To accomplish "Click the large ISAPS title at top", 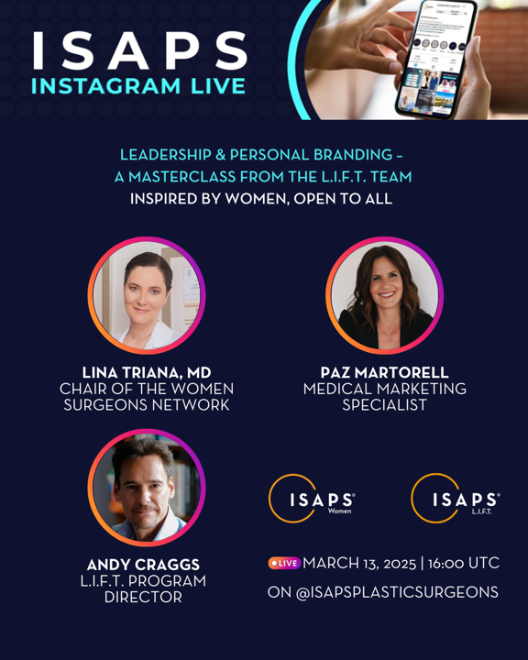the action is coord(139,50).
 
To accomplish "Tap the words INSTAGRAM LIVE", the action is coord(138,86).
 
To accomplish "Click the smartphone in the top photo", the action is coord(436,59).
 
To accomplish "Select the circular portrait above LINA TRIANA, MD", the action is coord(147,295).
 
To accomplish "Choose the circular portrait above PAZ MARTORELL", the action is coord(384,295).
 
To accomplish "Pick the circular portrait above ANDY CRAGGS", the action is coord(147,488).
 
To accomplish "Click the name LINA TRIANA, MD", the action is coord(147,372).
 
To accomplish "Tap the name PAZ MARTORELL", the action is coord(384,372).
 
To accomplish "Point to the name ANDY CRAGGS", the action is coord(143,565).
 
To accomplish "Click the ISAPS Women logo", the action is coord(312,499).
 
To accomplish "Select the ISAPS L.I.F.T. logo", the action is coord(456,499).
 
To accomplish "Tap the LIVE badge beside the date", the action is coord(284,563).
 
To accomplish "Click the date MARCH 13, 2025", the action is coord(359,563).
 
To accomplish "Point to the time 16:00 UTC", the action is coord(464,563).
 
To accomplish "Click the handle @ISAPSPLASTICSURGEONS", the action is coord(397,592).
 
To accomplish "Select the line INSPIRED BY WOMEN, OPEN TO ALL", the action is coord(261,199).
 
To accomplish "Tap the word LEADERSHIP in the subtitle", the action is coord(166,155).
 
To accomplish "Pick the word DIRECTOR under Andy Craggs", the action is coord(143,597).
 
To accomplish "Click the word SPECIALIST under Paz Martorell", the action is coord(384,405).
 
